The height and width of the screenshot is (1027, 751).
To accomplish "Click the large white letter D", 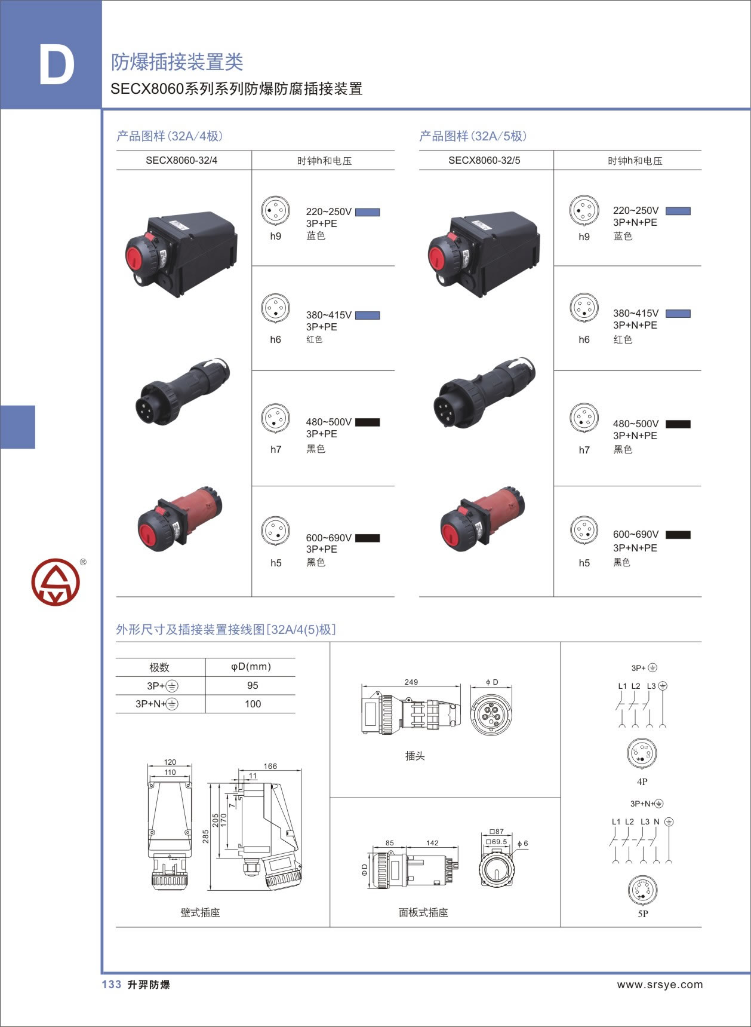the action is [57, 64].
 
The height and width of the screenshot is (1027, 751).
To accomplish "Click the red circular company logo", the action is [56, 582].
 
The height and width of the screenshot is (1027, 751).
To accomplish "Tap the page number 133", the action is [112, 985].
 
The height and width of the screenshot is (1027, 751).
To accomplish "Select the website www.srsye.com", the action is [660, 985].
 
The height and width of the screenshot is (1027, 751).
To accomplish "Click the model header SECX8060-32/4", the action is [181, 160].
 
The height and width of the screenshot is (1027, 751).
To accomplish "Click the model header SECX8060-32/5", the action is [484, 160].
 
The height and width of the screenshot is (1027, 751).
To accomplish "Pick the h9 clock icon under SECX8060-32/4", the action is [275, 210].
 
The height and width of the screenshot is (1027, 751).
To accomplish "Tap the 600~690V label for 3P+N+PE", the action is [636, 534].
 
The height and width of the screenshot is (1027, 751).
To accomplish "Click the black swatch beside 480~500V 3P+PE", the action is [367, 422].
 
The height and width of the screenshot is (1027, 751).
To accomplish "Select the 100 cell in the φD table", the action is [253, 704].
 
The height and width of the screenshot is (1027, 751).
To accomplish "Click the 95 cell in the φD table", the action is [253, 685].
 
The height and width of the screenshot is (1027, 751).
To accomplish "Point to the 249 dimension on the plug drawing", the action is [411, 682].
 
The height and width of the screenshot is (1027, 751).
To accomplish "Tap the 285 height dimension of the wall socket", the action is [205, 836].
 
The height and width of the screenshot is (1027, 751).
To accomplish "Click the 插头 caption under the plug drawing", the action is [415, 756].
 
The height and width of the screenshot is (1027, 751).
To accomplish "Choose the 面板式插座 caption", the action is [423, 912].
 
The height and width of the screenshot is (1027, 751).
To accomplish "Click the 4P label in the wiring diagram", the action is [642, 781].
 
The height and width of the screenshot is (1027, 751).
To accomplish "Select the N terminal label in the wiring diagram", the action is [657, 821].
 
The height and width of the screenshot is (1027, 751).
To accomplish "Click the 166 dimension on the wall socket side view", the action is [270, 766].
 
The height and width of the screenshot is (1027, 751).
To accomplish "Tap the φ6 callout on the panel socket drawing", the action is [522, 844].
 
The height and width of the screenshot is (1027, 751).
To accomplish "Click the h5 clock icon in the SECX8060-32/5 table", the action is [584, 530].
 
